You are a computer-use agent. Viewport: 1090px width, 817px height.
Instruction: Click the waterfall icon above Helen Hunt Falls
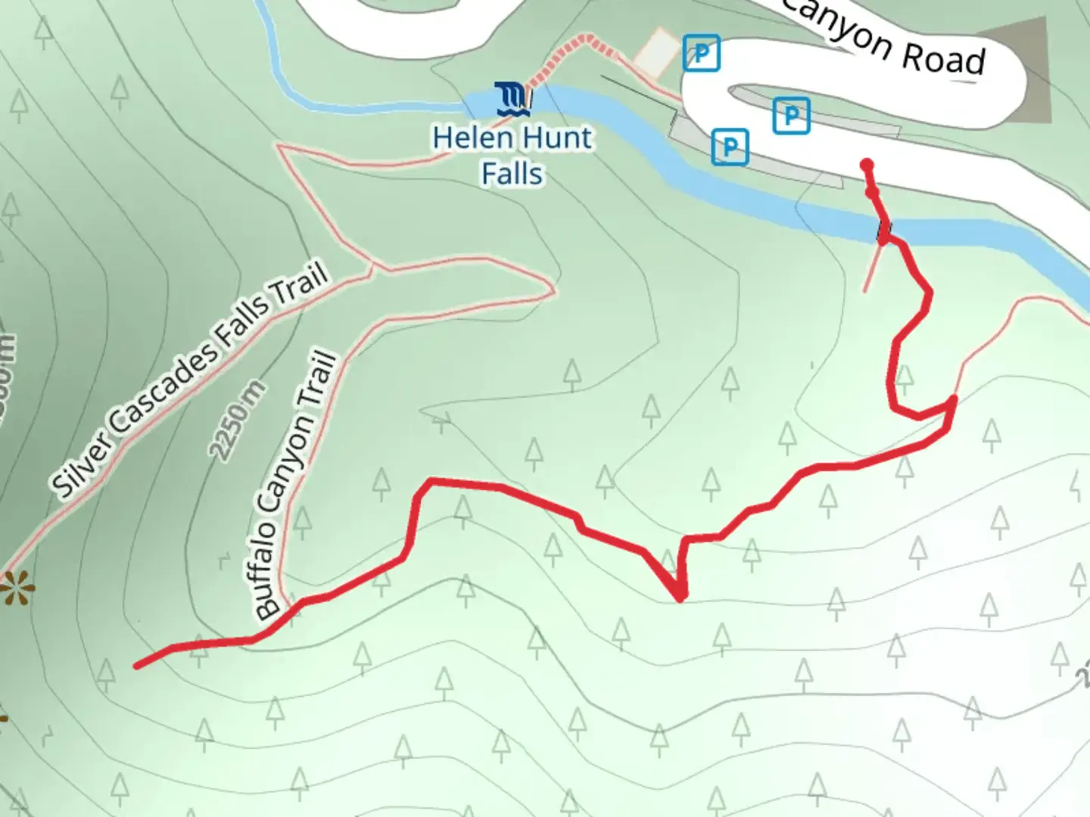[x=512, y=99]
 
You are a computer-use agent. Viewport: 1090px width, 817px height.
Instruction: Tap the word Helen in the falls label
[x=465, y=138]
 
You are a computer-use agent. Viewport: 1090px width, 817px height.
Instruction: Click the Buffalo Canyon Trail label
[x=295, y=484]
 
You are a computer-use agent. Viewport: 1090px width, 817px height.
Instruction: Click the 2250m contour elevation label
[x=238, y=421]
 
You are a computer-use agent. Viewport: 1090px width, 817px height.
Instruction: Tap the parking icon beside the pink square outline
[x=701, y=54]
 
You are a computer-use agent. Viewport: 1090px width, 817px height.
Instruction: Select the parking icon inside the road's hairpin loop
[x=791, y=116]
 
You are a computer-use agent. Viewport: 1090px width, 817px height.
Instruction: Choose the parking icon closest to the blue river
[x=730, y=147]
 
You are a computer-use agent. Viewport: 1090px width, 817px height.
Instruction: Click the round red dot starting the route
[x=867, y=165]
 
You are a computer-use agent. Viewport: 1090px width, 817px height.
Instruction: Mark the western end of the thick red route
[x=137, y=666]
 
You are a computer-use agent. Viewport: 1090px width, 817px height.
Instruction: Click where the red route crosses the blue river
[x=883, y=231]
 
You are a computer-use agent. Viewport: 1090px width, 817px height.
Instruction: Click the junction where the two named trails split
[x=372, y=266]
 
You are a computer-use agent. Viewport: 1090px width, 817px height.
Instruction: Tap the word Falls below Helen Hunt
[x=512, y=174]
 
